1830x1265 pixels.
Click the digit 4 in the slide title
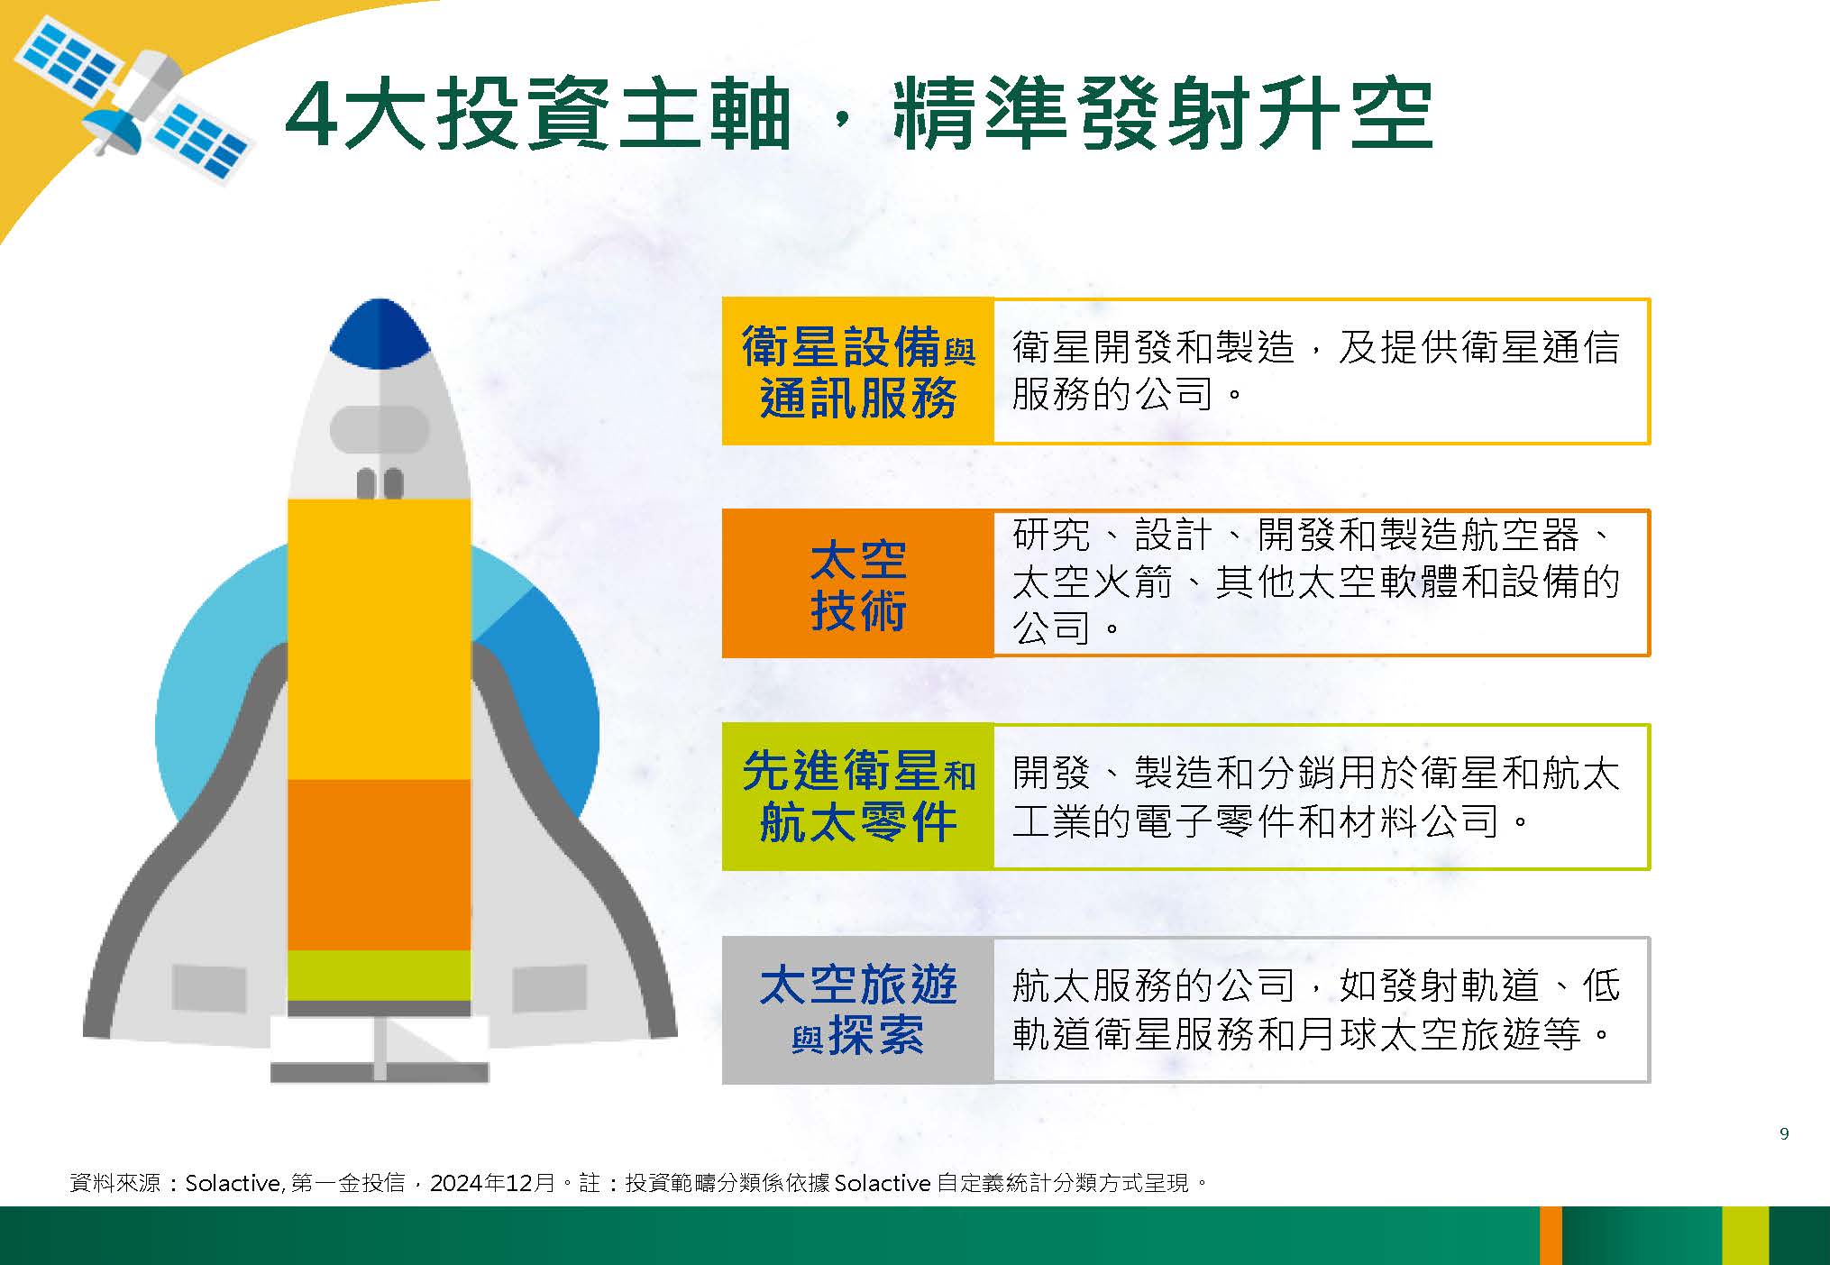click(x=312, y=116)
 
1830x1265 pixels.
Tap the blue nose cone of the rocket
click(x=380, y=335)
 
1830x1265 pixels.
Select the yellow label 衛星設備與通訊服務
click(x=858, y=371)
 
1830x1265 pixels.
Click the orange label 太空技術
click(x=858, y=583)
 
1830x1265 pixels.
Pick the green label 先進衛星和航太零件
click(x=858, y=797)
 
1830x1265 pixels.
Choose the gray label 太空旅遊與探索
click(x=858, y=1010)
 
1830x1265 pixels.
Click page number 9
click(x=1784, y=1133)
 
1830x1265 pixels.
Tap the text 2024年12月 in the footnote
click(x=492, y=1183)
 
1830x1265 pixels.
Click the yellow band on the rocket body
click(x=380, y=639)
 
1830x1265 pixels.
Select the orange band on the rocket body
click(x=380, y=866)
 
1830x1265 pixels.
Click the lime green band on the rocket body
click(x=380, y=976)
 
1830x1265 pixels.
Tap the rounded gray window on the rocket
click(x=380, y=429)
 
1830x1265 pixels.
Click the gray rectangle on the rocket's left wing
click(x=209, y=988)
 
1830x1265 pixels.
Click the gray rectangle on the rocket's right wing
click(x=550, y=988)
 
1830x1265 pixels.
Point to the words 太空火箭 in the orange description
click(x=1093, y=582)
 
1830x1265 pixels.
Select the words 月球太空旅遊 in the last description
click(x=1418, y=1033)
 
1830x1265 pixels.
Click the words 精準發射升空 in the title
click(x=1163, y=116)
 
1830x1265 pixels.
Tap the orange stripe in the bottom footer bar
click(x=1551, y=1235)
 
